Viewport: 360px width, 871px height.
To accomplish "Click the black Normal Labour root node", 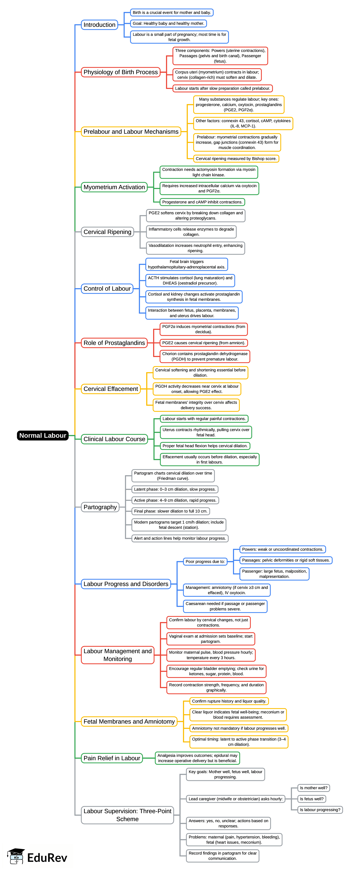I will point(43,435).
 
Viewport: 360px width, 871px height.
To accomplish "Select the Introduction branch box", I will point(99,25).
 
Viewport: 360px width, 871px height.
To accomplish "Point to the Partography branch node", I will point(100,507).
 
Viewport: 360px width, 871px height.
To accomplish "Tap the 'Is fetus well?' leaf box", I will point(312,799).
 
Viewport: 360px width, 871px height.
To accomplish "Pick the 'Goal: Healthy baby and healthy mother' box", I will point(168,23).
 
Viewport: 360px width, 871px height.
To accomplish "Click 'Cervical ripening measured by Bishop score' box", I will point(236,159).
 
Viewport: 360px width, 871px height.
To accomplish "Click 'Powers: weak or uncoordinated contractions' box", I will point(282,550).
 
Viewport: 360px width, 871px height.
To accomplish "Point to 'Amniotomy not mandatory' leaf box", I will point(239,728).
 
